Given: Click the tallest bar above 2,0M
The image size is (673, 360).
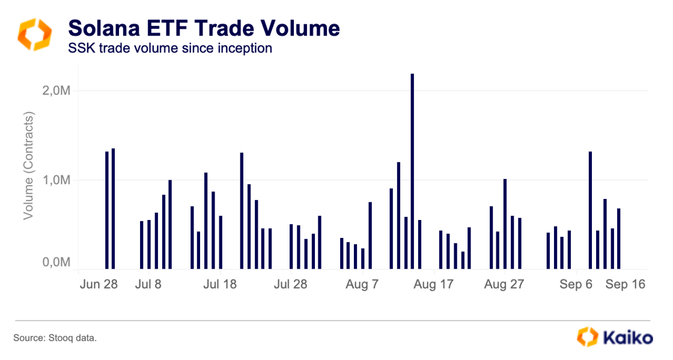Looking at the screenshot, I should point(412,171).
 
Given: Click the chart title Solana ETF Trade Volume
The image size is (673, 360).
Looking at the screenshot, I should point(204,28).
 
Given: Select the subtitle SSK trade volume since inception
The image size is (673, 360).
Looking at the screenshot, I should point(170,48).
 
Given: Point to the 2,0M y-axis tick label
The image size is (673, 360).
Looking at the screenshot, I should point(56,91).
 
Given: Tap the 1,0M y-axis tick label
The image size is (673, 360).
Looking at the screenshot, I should point(56,180).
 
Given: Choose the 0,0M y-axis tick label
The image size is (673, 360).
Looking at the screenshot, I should point(56,263).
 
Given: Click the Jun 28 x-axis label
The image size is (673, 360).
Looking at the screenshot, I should point(99,284).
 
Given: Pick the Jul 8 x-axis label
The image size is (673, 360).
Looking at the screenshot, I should point(148,284).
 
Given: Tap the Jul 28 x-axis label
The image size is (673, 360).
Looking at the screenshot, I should point(290,284).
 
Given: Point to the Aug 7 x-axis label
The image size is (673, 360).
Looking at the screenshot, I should point(362,284).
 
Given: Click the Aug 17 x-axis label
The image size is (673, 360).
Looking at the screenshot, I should point(433,284).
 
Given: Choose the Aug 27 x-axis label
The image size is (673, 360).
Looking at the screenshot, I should point(504,284).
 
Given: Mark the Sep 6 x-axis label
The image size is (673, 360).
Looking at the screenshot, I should point(576,284).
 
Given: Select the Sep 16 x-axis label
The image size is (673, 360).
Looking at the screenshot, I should point(625,284).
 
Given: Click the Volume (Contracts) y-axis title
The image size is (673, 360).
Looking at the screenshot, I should point(28,165).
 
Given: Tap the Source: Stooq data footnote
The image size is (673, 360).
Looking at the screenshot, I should point(55,338).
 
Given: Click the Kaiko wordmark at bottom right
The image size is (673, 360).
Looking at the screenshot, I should point(627,337).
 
